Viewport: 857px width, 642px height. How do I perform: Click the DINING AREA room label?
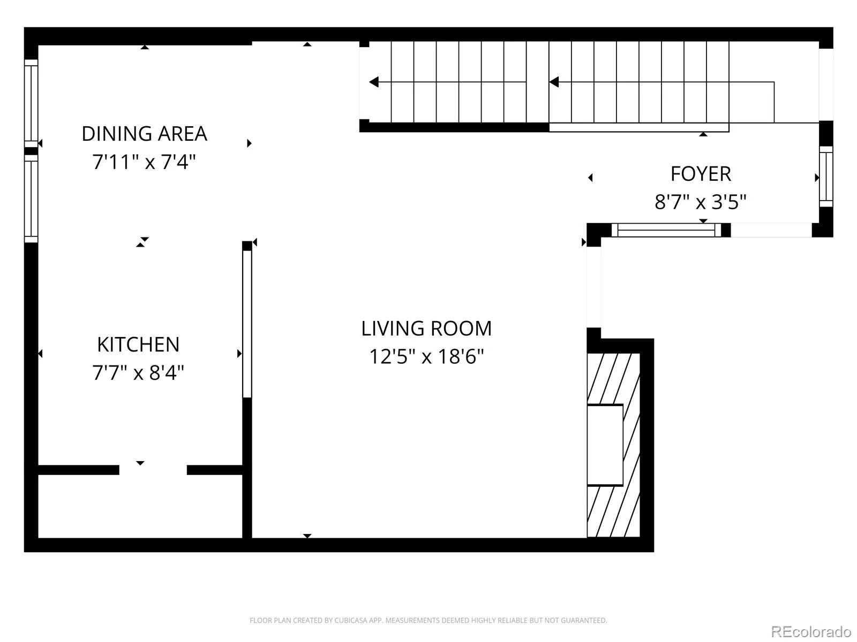pos(144,134)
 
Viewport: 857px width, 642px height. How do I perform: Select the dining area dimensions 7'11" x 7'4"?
pos(144,162)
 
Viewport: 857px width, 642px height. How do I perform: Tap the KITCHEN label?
pos(138,345)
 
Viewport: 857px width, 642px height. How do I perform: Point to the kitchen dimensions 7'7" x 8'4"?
pos(138,373)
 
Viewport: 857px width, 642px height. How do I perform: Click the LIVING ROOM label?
pos(426,328)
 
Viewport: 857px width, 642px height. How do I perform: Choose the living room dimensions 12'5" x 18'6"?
pos(426,357)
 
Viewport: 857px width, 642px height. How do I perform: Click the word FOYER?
pos(701,174)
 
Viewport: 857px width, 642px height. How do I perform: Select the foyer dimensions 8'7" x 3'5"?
pos(701,202)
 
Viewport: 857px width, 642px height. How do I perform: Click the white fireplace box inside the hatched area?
pos(605,445)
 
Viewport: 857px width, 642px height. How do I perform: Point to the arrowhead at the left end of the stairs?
pos(374,82)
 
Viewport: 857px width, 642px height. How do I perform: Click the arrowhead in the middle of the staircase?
pos(554,82)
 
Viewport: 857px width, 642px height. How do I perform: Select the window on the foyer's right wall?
pos(826,177)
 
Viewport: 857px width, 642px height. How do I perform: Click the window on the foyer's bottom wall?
pos(666,231)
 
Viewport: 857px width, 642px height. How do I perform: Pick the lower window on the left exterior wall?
pos(31,198)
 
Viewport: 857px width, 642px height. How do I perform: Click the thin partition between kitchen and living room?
pos(247,324)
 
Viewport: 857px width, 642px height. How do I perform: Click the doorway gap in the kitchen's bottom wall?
pos(153,470)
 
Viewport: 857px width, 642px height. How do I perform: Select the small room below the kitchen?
pos(140,506)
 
